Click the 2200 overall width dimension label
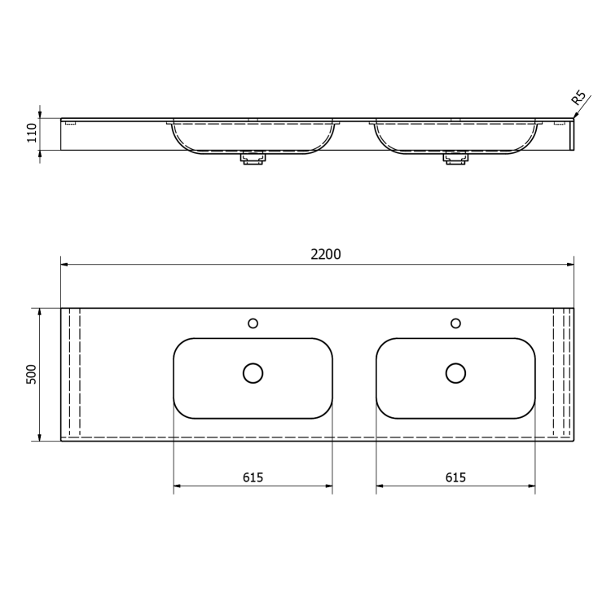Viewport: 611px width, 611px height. [x=325, y=254]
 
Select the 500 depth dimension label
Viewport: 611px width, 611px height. [x=31, y=375]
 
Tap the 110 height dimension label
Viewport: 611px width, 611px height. [x=32, y=133]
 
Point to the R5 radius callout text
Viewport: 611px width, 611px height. [x=578, y=98]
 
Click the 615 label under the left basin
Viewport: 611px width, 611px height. [x=253, y=477]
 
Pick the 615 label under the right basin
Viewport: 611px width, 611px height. [x=455, y=477]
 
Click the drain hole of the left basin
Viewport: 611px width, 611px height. [x=253, y=373]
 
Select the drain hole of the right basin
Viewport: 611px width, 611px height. [x=455, y=373]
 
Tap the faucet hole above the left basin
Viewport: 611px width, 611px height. [x=253, y=323]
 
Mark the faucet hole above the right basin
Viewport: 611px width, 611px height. [x=455, y=323]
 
